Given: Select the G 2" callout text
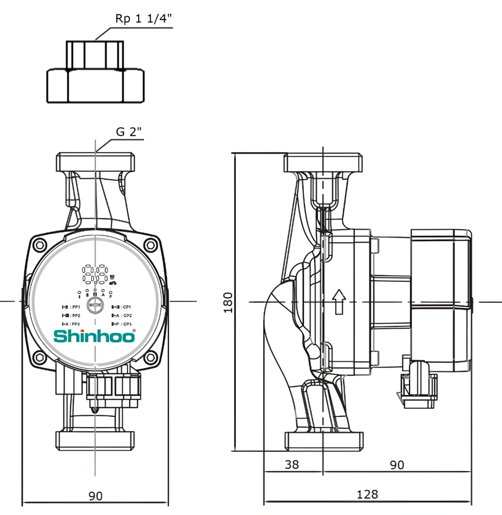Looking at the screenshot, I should click(128, 131).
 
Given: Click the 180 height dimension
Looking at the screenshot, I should click(228, 302).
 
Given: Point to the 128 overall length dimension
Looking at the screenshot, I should click(367, 494).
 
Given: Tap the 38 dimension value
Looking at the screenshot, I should click(292, 465).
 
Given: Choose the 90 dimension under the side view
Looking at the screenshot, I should click(396, 465).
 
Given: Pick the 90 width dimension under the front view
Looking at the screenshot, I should click(95, 496).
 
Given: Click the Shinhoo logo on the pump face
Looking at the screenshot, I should click(95, 336).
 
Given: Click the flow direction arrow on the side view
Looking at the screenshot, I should click(339, 301).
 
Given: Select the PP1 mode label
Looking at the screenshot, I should click(71, 307).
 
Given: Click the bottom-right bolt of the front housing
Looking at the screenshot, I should click(150, 357).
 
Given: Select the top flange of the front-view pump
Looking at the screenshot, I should click(95, 162).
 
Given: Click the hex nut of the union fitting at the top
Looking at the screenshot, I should click(95, 86).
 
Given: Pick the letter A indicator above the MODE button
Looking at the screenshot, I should click(103, 295).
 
